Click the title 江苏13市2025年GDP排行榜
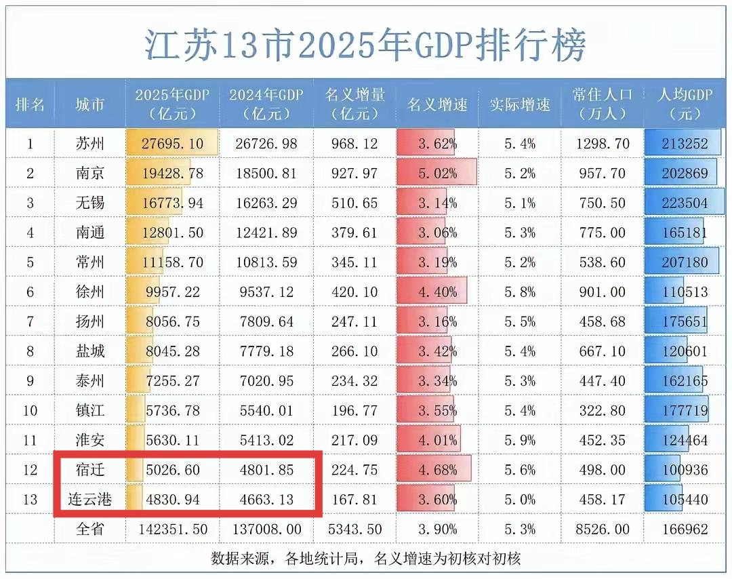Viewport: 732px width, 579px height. (x=365, y=44)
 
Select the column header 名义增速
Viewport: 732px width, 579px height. (x=437, y=104)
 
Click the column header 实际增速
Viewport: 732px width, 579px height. (x=520, y=104)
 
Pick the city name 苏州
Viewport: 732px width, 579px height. (x=89, y=144)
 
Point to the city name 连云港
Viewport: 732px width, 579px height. (x=89, y=500)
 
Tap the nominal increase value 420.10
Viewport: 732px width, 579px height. (x=354, y=292)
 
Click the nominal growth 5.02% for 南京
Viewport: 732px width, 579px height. (x=437, y=174)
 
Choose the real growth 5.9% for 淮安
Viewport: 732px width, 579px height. (x=520, y=440)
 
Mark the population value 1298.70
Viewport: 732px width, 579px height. (x=602, y=144)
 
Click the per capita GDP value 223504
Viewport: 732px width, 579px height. (x=685, y=203)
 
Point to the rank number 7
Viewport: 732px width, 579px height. (x=30, y=321)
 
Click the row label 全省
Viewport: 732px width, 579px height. (x=89, y=529)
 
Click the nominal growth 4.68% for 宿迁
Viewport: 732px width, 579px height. (x=437, y=470)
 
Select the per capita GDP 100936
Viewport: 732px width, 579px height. (x=685, y=470)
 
